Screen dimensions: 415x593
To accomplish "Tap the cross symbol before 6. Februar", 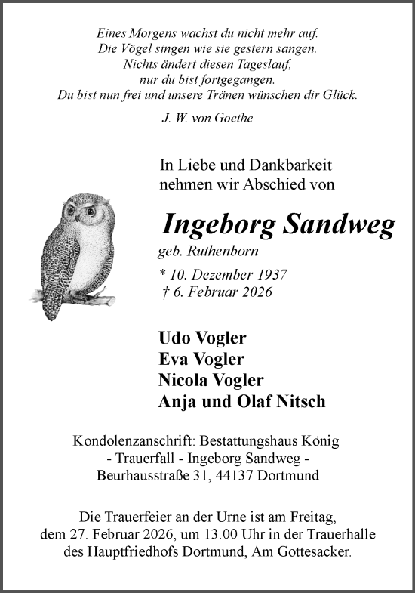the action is (164, 292).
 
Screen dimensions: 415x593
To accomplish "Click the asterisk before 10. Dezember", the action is (164, 276).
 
